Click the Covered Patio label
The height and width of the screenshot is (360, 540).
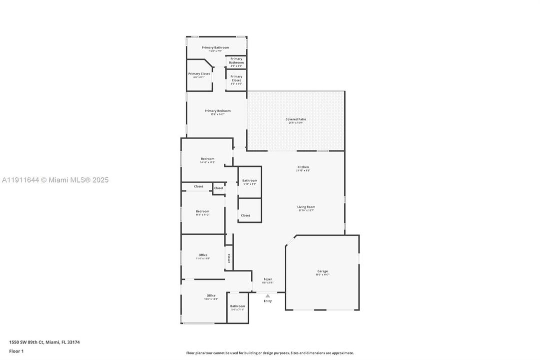[296, 119]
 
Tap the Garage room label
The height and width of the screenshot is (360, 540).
[322, 271]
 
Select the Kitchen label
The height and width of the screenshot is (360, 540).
[303, 167]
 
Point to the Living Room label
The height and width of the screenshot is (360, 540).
[306, 207]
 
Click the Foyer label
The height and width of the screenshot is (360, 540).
[268, 279]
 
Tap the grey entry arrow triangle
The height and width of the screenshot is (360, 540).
[268, 295]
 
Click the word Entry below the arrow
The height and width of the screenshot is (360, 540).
[268, 301]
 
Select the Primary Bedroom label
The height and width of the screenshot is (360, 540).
[217, 111]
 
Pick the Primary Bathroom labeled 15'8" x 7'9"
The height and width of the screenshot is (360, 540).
[215, 47]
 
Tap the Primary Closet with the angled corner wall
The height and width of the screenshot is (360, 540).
[199, 74]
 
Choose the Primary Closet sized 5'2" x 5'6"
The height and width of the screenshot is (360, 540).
[236, 78]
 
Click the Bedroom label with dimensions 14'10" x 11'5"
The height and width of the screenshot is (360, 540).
[207, 159]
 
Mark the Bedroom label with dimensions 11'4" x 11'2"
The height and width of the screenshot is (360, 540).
[202, 211]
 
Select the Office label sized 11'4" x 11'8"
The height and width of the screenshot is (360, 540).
[202, 255]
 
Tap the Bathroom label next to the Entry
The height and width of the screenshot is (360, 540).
[237, 306]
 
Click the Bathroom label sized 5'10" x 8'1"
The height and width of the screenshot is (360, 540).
[250, 180]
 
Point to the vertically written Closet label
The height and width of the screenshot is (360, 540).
[229, 258]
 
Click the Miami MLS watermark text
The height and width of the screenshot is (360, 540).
[55, 180]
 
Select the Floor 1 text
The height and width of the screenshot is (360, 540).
[16, 351]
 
